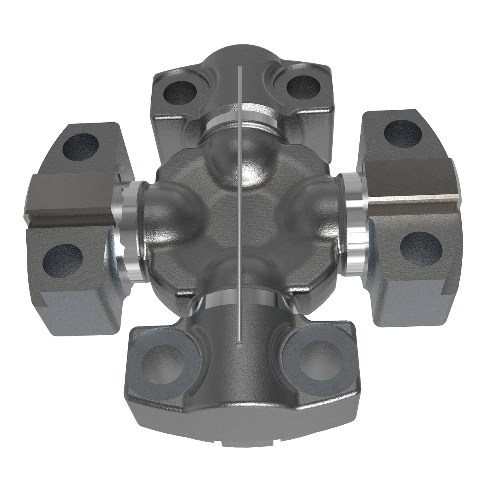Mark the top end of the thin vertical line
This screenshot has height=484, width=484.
click(x=240, y=67)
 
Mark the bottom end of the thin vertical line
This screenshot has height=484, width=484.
click(x=240, y=343)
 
